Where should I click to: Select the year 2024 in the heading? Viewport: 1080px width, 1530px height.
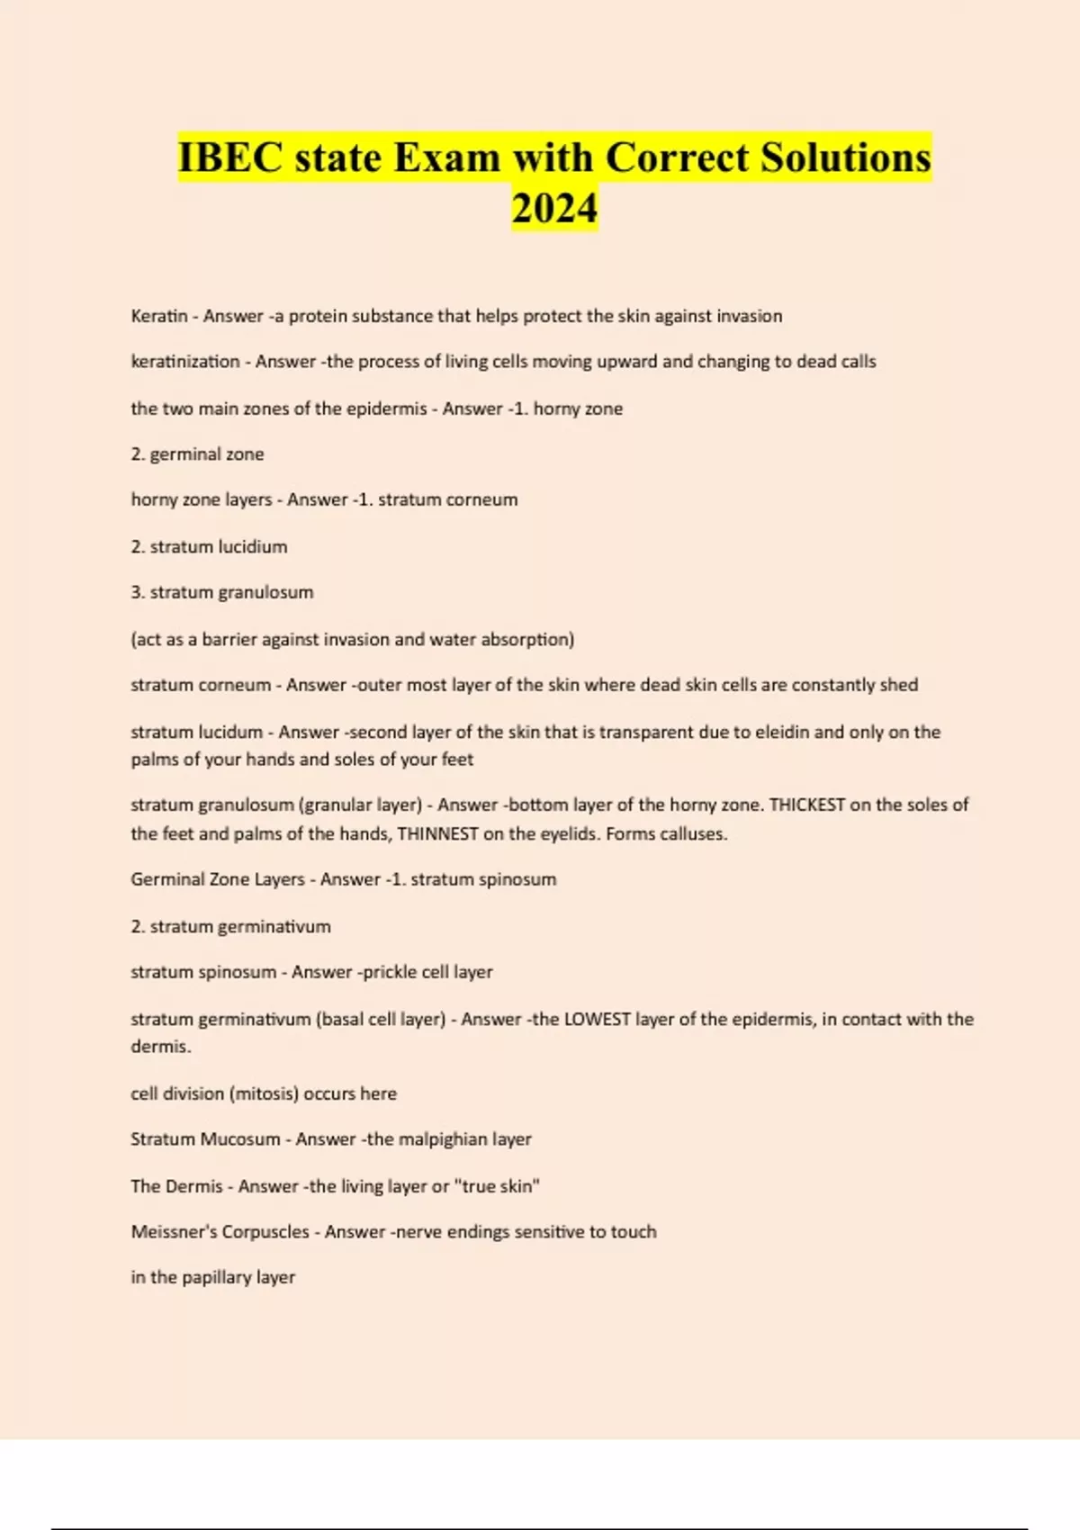click(554, 208)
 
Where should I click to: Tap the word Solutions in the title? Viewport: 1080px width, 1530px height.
click(845, 157)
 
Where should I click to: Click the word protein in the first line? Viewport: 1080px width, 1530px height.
click(318, 316)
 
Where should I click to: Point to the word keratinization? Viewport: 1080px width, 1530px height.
click(185, 362)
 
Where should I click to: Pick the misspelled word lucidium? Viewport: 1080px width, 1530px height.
click(253, 546)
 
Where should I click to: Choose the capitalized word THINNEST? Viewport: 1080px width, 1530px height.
click(437, 833)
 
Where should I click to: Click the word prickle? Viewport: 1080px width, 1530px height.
click(390, 972)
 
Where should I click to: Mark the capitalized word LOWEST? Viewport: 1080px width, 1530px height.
click(597, 1019)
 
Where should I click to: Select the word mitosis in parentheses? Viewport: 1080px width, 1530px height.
click(264, 1093)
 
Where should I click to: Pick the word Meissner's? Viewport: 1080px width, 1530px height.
click(175, 1231)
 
